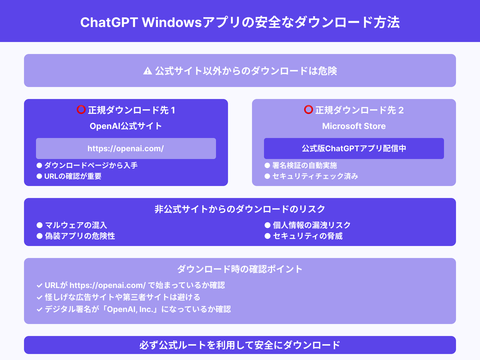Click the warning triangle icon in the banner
click(147, 71)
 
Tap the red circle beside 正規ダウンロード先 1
click(81, 110)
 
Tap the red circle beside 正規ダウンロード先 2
click(308, 110)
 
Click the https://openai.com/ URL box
click(126, 148)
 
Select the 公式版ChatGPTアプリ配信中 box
click(354, 148)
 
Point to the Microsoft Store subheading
click(354, 126)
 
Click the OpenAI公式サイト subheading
click(126, 126)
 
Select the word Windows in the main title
click(172, 22)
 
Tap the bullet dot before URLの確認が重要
click(39, 176)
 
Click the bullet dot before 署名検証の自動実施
click(267, 166)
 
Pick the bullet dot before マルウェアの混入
click(39, 225)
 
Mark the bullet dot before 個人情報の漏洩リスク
click(267, 225)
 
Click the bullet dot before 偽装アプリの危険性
click(39, 236)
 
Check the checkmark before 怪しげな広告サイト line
click(39, 298)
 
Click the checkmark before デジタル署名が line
click(39, 310)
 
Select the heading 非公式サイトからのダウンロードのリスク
click(240, 209)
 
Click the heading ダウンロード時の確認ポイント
click(240, 269)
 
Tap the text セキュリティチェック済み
click(315, 176)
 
